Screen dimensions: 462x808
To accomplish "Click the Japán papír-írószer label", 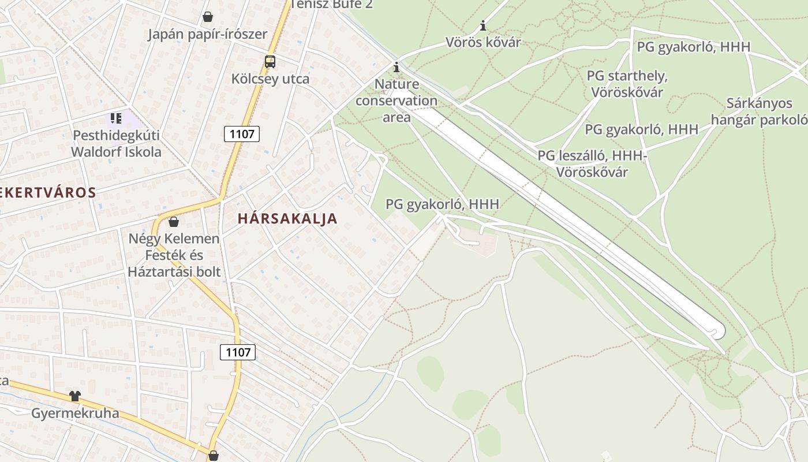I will point(207,34).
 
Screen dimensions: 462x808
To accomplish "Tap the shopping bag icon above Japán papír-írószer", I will point(207,17).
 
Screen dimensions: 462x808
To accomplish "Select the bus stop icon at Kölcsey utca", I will point(270,61).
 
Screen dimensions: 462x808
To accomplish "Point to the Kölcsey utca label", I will point(270,79).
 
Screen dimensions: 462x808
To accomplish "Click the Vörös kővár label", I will point(483,42).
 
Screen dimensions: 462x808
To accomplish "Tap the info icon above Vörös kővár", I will point(483,26).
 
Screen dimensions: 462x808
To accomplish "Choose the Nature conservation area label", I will point(396,100).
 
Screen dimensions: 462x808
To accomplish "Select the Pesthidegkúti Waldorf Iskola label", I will point(116,144).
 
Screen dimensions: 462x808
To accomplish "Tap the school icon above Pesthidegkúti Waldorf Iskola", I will point(116,118).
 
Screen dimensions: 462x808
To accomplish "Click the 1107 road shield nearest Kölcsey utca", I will point(242,134).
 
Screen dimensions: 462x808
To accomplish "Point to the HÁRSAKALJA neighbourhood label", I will point(287,218).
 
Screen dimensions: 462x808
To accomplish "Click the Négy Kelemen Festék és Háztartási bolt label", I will point(174,255).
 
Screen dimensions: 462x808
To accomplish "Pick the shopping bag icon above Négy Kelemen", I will point(174,222).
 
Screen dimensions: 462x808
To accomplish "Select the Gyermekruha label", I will point(75,413).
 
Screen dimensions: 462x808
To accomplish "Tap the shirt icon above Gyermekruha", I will point(75,396).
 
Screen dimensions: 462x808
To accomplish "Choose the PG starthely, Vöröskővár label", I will point(627,84).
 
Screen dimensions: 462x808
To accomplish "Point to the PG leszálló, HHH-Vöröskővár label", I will point(592,163).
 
